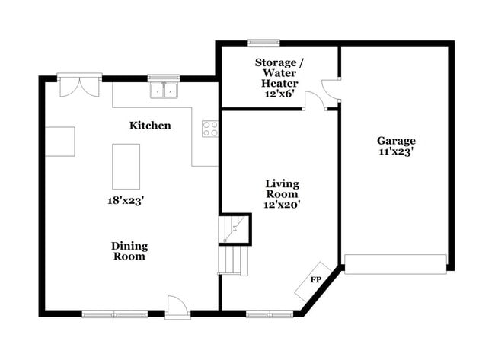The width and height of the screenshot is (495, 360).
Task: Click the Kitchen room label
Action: coord(150,126)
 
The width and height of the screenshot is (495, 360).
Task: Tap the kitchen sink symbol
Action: coord(164,91)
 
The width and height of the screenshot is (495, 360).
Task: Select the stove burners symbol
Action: coord(209,129)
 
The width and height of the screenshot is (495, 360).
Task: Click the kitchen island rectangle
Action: coord(126,166)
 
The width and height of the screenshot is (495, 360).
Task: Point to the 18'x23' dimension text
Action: coord(126,201)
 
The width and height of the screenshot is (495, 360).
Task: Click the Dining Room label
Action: coord(129,251)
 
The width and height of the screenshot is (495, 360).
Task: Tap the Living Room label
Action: coord(282,189)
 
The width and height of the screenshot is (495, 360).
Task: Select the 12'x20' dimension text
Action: coord(282,204)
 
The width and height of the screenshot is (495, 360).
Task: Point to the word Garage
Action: coord(396,141)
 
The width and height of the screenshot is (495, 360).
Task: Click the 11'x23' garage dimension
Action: coord(396,151)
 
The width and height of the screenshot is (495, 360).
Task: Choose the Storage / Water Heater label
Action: coord(279,72)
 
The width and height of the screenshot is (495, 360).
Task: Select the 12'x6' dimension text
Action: coord(279,94)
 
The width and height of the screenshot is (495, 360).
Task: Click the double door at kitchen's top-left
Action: coord(79,84)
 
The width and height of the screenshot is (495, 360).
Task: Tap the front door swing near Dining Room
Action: coord(177,306)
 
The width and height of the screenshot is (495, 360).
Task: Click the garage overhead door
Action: coord(395,264)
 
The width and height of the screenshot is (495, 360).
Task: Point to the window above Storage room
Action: coord(264,43)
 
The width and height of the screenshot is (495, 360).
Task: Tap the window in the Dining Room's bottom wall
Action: coord(115,313)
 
